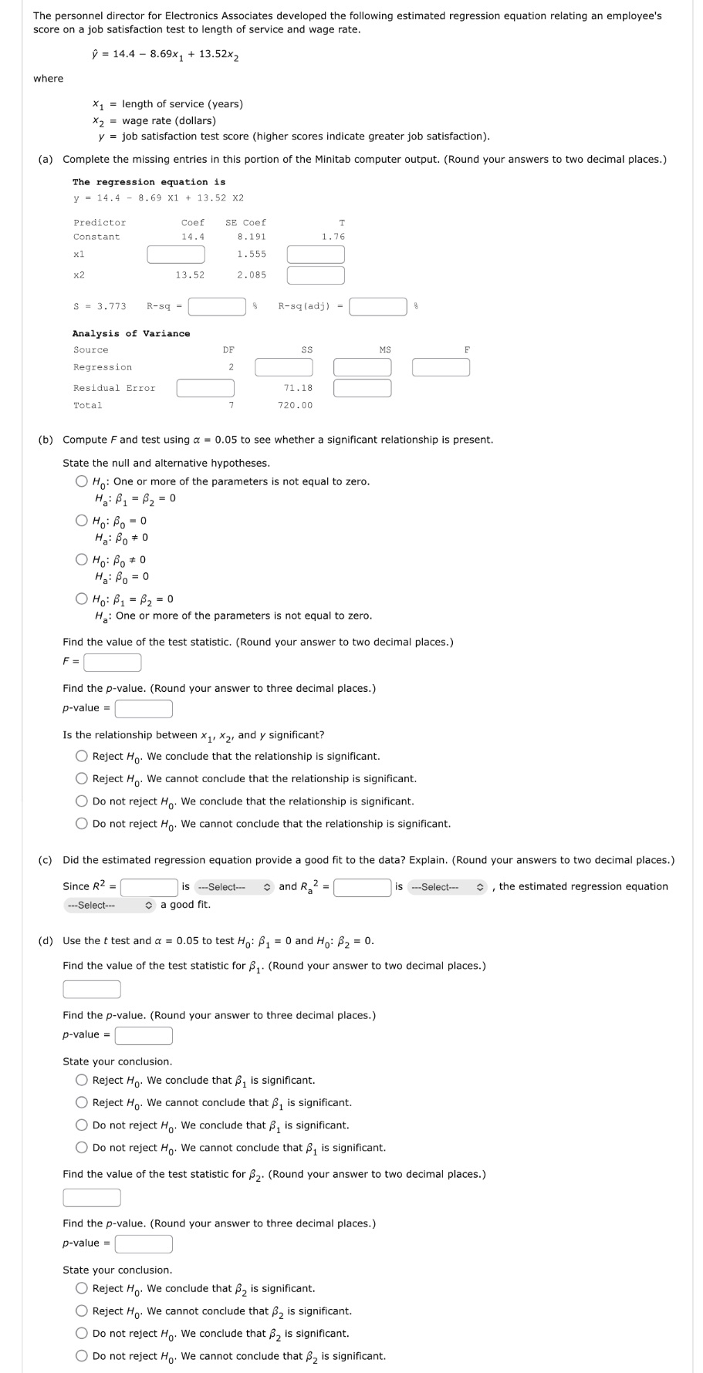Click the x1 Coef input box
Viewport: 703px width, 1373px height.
click(176, 254)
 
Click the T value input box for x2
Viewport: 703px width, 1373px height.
click(316, 275)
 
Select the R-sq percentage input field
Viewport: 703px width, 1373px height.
click(217, 307)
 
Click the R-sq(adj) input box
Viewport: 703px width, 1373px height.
click(378, 307)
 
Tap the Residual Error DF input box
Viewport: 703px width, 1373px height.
click(205, 388)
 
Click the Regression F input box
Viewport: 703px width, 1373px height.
click(441, 367)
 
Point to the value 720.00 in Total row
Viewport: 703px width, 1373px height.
click(295, 406)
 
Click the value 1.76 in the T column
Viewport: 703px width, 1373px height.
click(333, 237)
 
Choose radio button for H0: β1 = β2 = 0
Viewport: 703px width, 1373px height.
click(82, 599)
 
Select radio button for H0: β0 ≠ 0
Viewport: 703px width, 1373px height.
click(82, 560)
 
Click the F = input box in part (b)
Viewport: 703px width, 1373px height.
click(113, 663)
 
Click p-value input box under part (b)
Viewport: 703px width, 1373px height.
click(144, 708)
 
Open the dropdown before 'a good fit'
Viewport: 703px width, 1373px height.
click(110, 905)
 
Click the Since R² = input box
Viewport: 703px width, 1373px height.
click(149, 887)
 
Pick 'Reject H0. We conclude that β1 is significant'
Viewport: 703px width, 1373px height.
click(82, 1081)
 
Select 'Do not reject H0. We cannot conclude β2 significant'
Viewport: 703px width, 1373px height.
click(82, 1356)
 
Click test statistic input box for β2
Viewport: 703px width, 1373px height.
click(92, 1197)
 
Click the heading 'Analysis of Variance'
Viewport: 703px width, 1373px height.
click(131, 334)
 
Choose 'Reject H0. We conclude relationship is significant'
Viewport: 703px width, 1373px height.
click(82, 757)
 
